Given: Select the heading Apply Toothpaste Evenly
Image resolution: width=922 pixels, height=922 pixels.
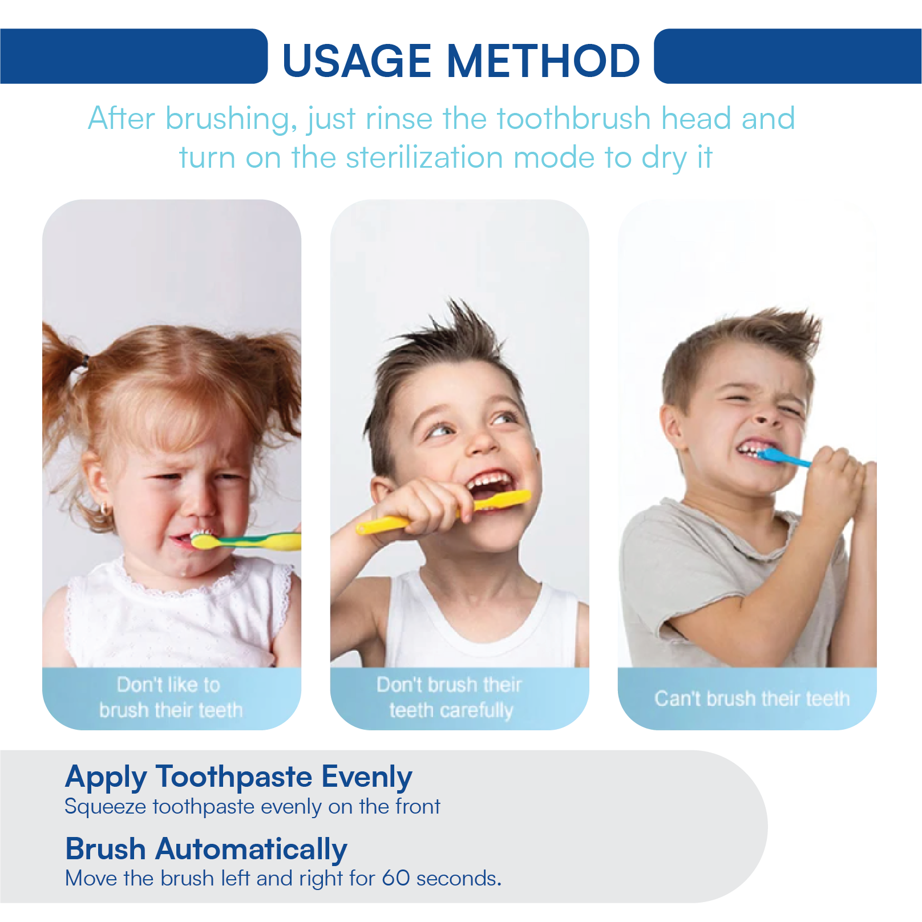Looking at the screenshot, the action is [238, 778].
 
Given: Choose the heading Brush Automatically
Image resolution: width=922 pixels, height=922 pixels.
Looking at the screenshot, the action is [206, 849].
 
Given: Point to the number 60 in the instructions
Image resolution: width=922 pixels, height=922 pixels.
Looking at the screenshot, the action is [395, 878].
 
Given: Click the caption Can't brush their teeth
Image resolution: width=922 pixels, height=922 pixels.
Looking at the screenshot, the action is [752, 698].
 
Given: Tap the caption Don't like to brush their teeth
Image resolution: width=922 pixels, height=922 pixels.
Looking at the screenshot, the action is [171, 697].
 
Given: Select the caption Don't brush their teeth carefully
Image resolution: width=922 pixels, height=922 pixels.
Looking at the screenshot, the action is [450, 697].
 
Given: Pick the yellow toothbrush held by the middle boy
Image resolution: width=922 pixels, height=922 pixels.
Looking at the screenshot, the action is [443, 512].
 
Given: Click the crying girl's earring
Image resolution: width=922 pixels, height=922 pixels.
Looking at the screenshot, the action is [104, 509].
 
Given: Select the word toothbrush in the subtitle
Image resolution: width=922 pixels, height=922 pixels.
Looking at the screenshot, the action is [574, 119].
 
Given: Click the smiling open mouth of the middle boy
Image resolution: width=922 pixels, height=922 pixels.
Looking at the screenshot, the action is [488, 485].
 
